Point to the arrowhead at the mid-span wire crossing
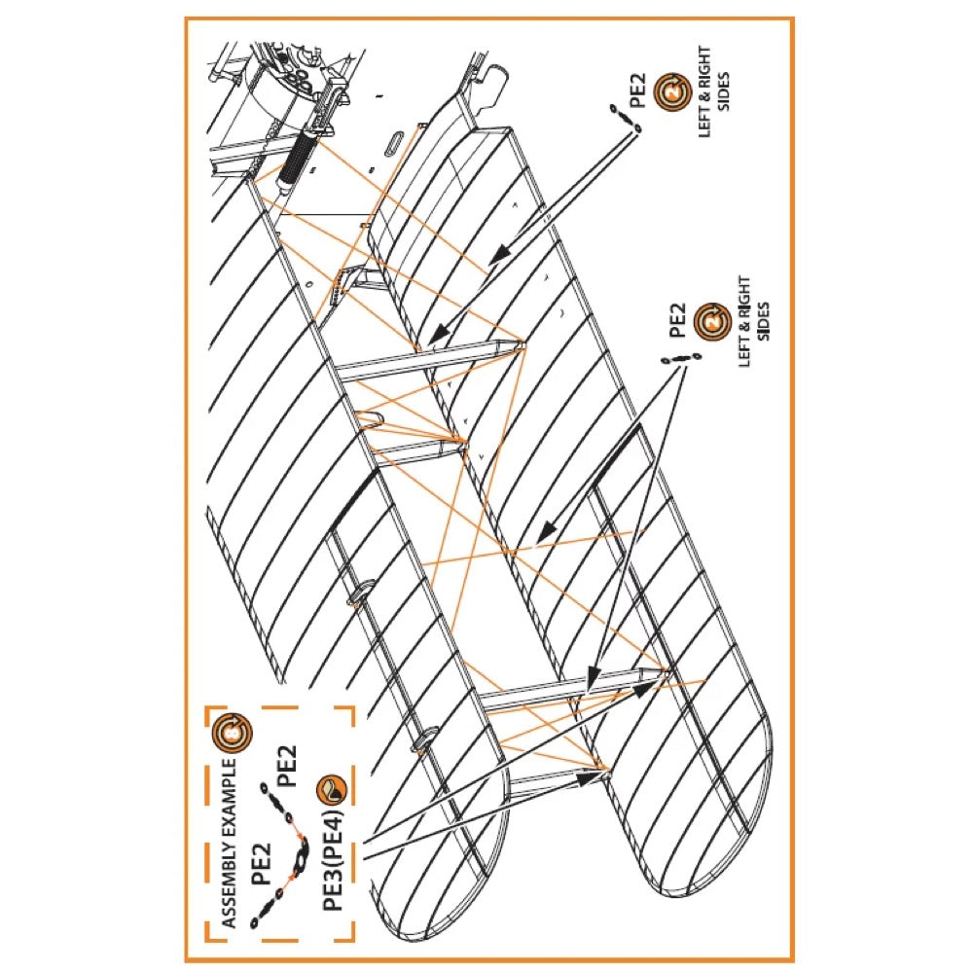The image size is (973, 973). pyautogui.click(x=546, y=531)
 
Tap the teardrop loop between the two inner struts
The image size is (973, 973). pyautogui.click(x=369, y=420)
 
